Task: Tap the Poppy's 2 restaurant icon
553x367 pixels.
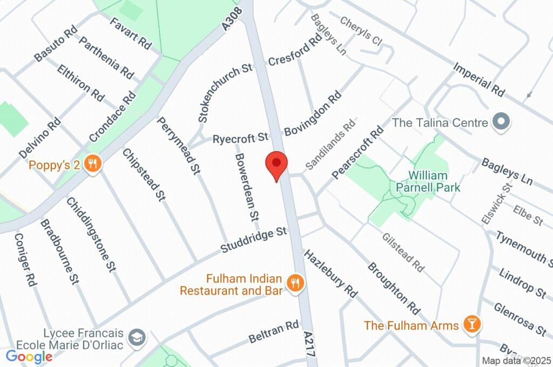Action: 93,165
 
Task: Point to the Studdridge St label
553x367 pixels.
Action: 253,241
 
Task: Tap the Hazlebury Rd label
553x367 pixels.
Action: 331,274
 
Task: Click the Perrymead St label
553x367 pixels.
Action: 179,146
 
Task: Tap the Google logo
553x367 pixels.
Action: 29,356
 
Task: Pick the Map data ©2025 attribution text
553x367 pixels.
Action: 516,361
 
